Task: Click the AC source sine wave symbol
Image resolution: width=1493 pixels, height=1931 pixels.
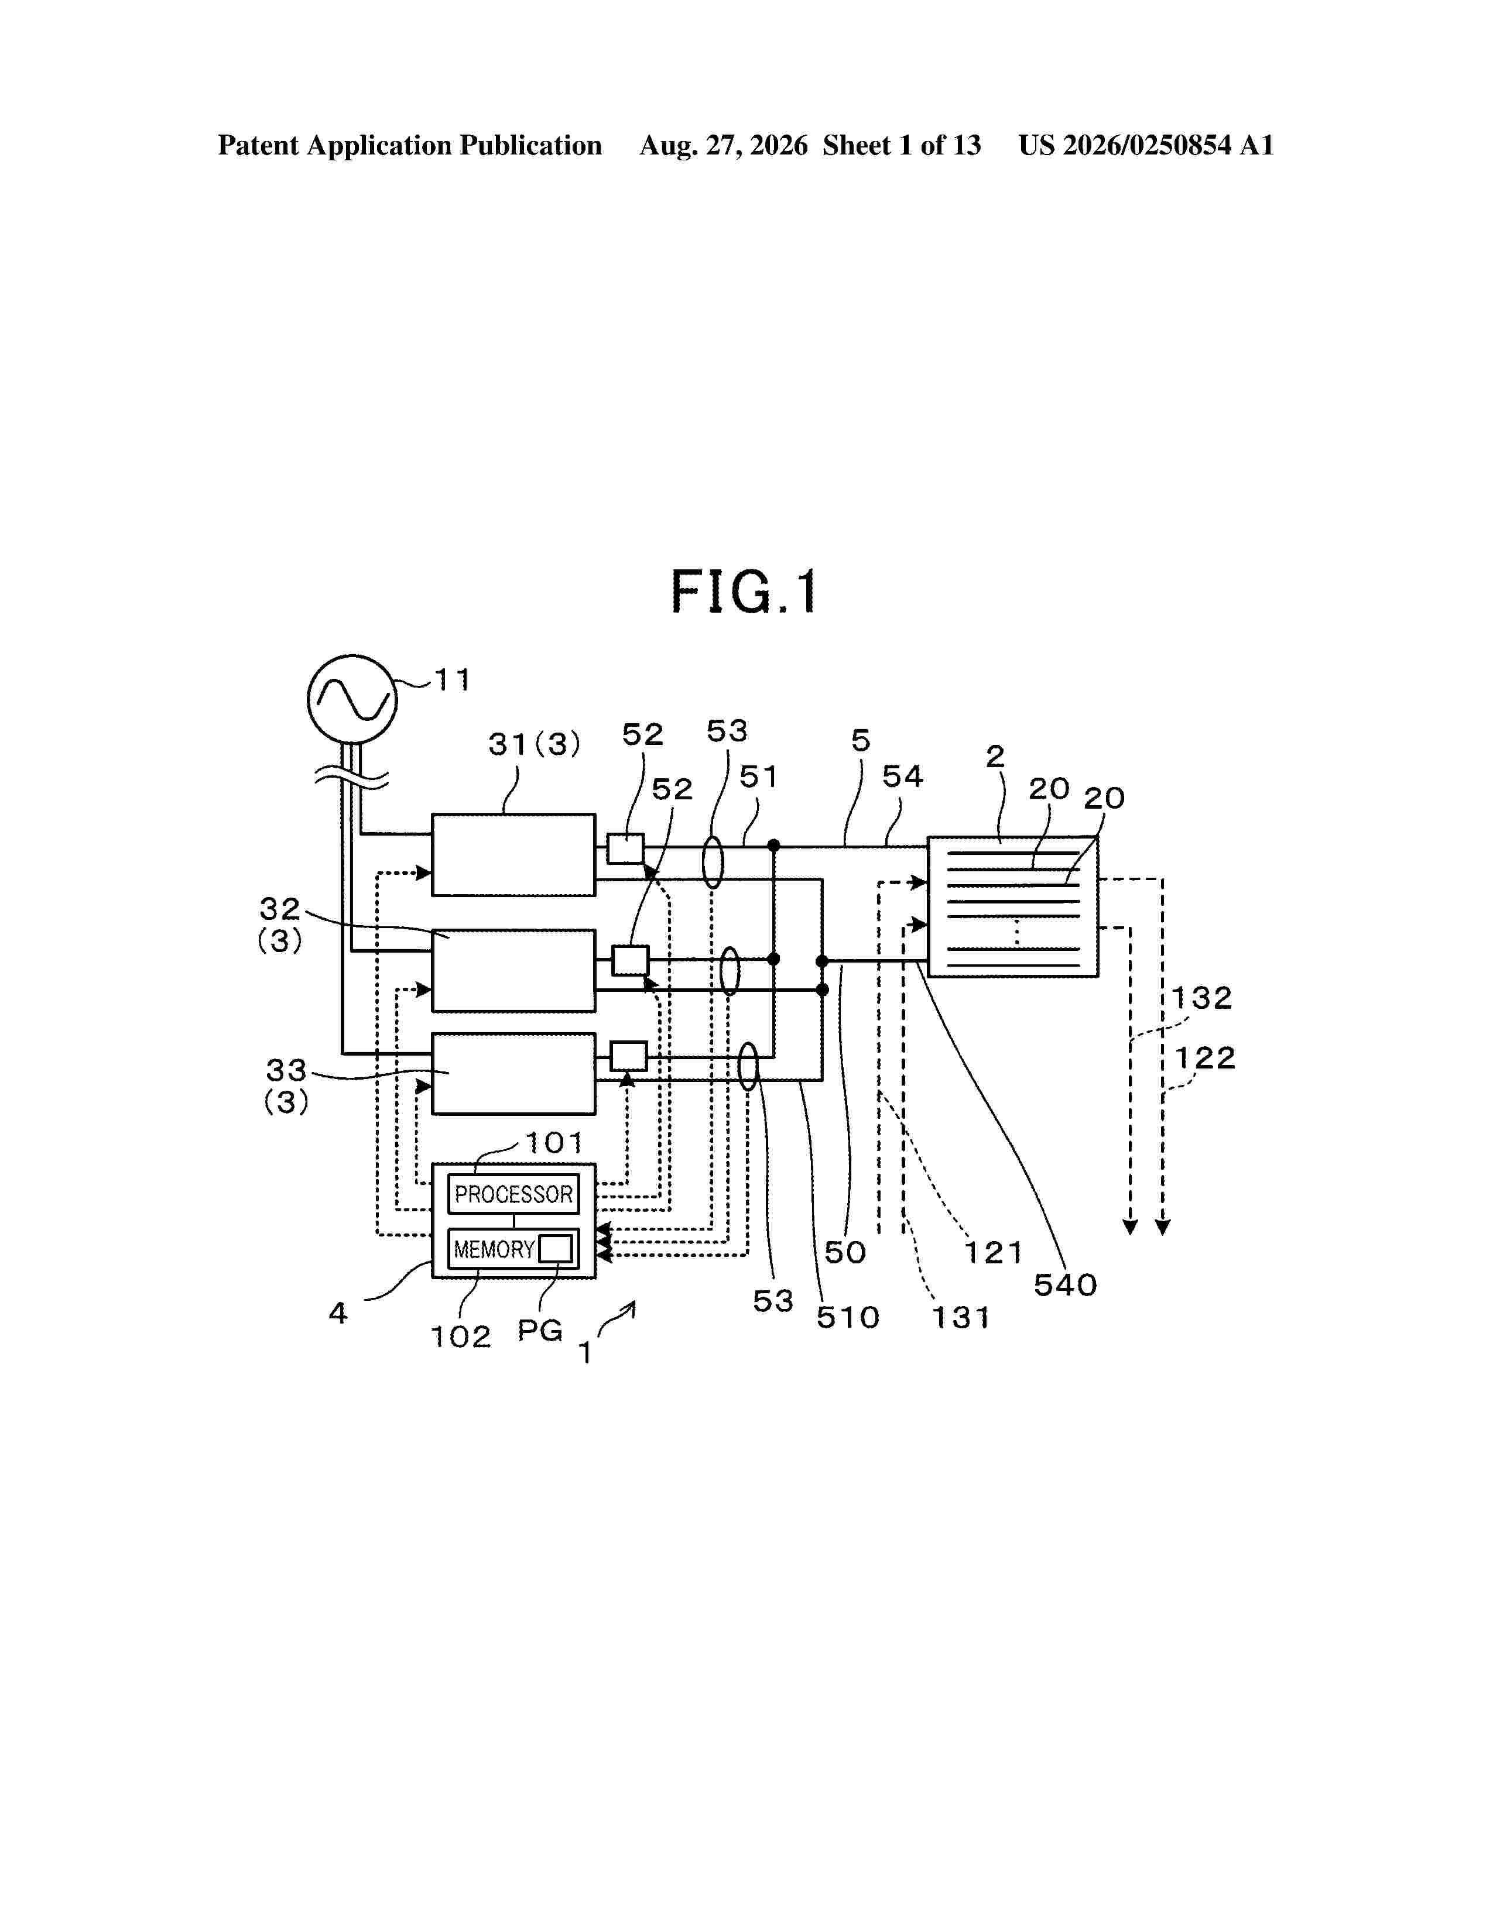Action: (x=352, y=699)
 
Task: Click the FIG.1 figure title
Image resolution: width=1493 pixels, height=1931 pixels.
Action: (x=744, y=592)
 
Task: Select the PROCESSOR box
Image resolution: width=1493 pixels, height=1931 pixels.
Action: (x=513, y=1194)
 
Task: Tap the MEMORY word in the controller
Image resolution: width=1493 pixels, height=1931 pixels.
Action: (x=494, y=1249)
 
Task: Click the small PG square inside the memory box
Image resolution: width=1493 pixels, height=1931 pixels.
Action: (x=556, y=1249)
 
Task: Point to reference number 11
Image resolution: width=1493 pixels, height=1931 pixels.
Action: (x=452, y=680)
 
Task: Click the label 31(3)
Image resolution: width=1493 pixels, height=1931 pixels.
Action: (x=534, y=744)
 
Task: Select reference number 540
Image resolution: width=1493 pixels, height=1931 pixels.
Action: (x=1065, y=1284)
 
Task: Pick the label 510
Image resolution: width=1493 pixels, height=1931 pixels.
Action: (x=847, y=1317)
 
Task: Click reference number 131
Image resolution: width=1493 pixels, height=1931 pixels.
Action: (x=961, y=1317)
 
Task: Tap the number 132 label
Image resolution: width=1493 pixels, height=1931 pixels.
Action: (x=1201, y=998)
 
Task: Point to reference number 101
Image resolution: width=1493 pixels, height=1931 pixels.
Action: (x=554, y=1143)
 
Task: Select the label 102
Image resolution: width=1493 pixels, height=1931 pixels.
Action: (x=460, y=1337)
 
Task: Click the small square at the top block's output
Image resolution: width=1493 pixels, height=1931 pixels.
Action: (x=625, y=849)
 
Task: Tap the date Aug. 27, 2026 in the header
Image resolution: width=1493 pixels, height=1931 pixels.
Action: (x=724, y=145)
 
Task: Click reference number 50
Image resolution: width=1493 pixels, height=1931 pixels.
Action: (x=845, y=1252)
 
